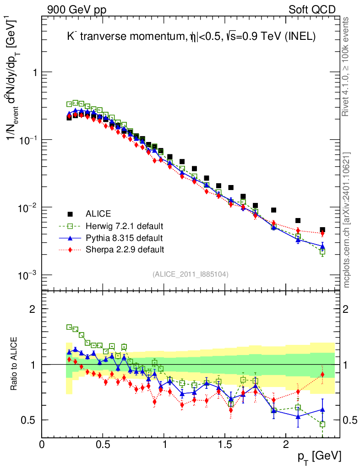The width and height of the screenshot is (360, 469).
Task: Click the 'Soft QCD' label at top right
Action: point(312,10)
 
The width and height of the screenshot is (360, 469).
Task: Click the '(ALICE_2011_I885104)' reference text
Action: point(191,274)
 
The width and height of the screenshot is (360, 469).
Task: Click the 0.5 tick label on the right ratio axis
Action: point(350,420)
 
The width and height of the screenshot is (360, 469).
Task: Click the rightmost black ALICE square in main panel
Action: point(322,230)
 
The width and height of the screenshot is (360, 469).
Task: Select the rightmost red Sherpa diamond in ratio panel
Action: point(322,375)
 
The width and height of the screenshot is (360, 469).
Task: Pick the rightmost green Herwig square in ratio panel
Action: point(322,424)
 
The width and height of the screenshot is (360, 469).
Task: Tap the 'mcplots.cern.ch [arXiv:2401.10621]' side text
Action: point(347,220)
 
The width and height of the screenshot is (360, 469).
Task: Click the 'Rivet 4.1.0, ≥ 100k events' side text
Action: point(347,66)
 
